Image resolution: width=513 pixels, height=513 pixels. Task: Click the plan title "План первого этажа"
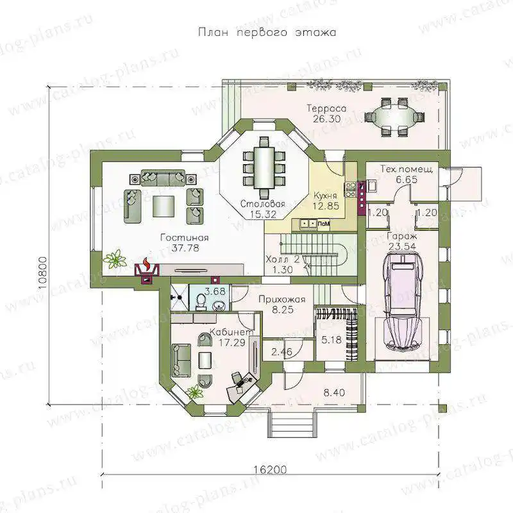pos(267,33)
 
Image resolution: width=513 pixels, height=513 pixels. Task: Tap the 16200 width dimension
pos(270,469)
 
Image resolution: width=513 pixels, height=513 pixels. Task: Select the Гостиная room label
pos(185,237)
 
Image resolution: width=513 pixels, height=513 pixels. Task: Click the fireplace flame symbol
pos(147,264)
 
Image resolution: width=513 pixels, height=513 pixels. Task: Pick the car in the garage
pos(402,301)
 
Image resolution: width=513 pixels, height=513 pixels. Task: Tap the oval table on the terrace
pos(394,116)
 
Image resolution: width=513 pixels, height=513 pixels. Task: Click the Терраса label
pos(326,108)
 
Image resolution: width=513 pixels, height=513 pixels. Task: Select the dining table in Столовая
pos(264,169)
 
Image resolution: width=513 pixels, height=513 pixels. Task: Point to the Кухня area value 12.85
pos(326,206)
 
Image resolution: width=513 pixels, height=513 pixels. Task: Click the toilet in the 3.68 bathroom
pos(201,301)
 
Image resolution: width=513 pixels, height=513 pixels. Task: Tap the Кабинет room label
pos(231,332)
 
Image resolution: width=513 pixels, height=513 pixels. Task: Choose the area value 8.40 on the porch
pos(333,392)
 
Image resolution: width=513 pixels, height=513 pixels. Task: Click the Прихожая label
pos(282,299)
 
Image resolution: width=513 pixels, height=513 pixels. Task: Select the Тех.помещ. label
pos(407,169)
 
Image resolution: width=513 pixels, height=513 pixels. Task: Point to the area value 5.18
pos(331,340)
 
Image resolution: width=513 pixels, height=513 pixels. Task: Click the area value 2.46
pos(282,352)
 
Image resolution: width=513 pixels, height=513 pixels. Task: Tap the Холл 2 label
pos(283,260)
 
